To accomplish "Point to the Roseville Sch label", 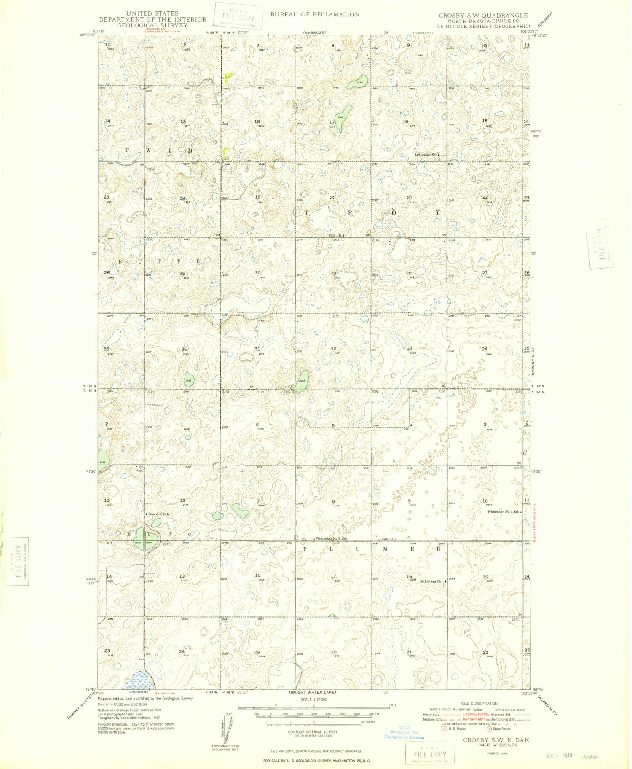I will (x=158, y=514).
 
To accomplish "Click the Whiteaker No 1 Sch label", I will (x=504, y=511).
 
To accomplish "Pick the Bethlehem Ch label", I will (x=431, y=581).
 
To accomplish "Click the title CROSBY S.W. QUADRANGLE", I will (x=483, y=15).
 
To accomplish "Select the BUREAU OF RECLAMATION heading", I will (x=315, y=14).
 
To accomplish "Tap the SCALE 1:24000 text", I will (x=314, y=699).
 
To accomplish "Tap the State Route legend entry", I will (x=499, y=728).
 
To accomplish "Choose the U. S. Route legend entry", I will (x=453, y=728).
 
